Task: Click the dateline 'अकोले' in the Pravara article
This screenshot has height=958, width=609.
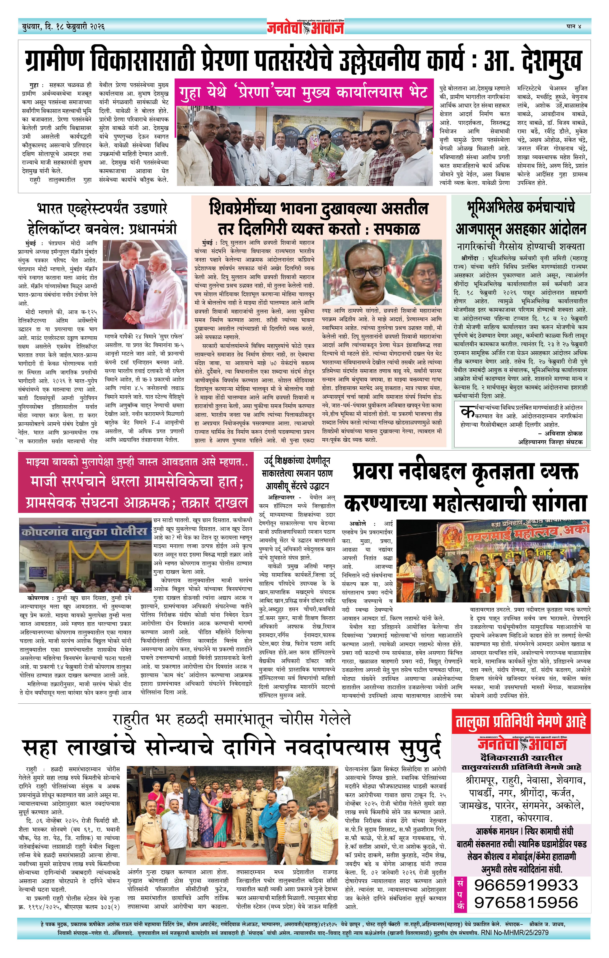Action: (357, 524)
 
